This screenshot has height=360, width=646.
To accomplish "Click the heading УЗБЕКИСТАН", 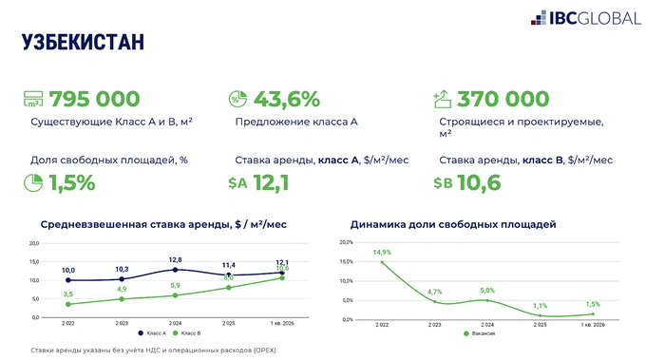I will point(83,42).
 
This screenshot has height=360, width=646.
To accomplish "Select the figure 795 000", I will point(94,99).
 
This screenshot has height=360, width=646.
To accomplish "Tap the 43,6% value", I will point(286,99).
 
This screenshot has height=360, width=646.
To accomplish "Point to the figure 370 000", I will point(503,99).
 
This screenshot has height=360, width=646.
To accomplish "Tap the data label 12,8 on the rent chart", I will point(175,259).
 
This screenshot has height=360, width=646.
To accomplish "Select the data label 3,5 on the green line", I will point(68,294).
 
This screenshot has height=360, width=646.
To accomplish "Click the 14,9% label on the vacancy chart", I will point(382,253).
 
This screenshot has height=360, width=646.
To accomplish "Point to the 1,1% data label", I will point(540,306).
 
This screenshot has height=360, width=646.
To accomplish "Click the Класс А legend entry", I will point(153,333).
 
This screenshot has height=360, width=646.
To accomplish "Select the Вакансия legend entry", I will point(481,333).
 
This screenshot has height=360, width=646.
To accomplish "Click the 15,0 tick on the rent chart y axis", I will point(34,261).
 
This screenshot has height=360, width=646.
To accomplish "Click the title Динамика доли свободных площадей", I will point(452,224).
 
